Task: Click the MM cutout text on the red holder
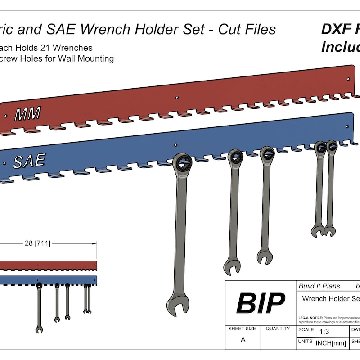pos(27,114)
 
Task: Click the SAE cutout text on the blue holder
pos(29,161)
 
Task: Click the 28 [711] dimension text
pos(37,243)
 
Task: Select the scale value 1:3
pos(324,332)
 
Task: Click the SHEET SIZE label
pos(242,328)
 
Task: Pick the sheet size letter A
pos(243,340)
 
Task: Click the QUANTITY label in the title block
pos(278,328)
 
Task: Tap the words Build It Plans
pos(319,286)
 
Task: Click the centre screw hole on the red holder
pos(177,97)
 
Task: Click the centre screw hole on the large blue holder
pos(176,144)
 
